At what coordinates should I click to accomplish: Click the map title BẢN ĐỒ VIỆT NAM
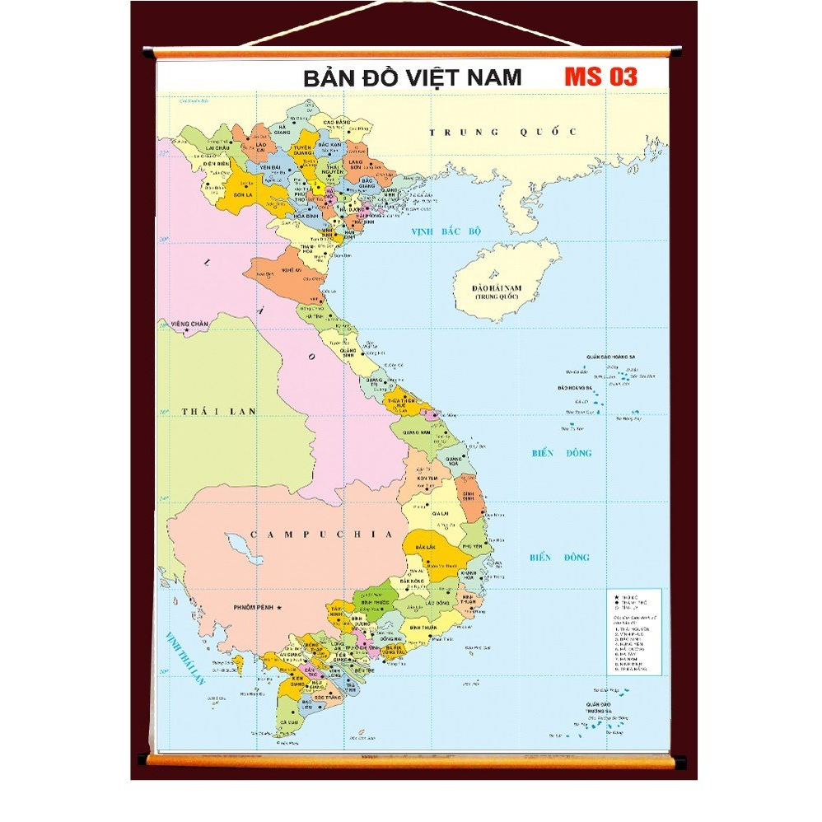412,77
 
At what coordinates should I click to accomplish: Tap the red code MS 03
600,77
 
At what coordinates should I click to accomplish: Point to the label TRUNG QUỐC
504,132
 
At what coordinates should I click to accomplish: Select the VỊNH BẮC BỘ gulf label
446,232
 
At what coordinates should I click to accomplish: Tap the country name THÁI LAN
219,411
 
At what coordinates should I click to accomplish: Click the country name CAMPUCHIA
321,535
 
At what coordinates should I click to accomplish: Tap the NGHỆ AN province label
291,269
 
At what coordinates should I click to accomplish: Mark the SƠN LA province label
242,195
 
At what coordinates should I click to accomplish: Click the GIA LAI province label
428,512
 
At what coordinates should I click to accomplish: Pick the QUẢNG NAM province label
413,432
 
